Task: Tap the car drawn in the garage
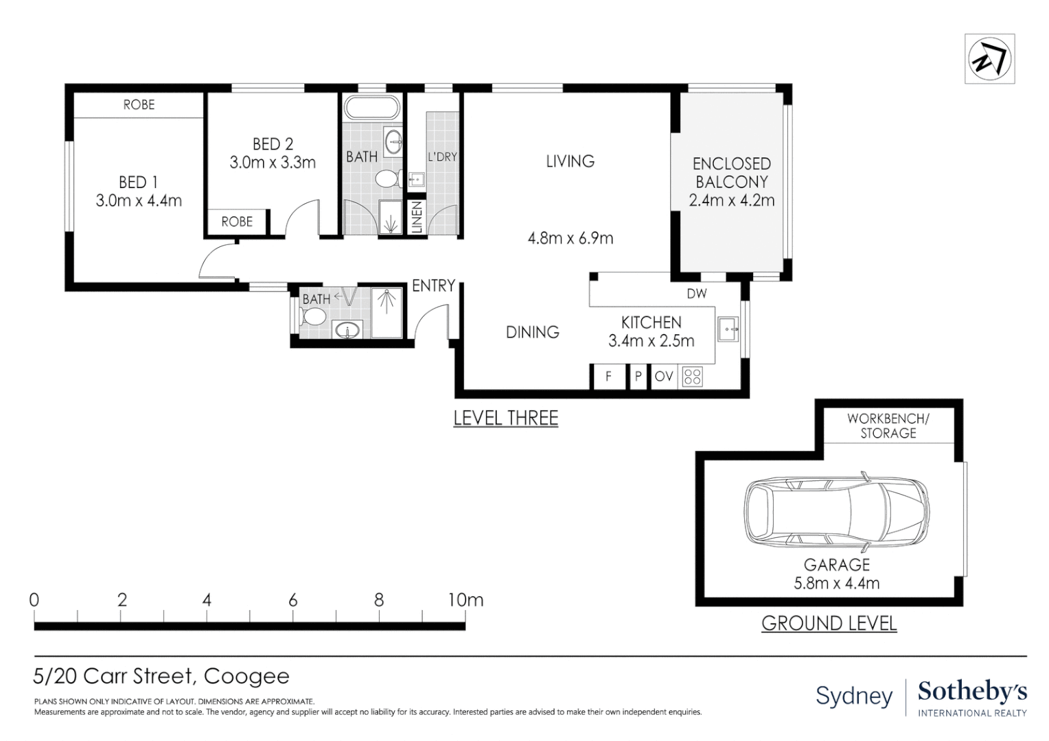(x=836, y=513)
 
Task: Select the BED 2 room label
(x=273, y=143)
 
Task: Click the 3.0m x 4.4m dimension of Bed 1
(x=139, y=201)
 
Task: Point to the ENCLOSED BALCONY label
(x=732, y=172)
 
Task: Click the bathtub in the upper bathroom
(x=372, y=107)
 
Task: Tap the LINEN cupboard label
(x=417, y=217)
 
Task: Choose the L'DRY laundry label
(x=442, y=157)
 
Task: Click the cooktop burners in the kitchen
(x=692, y=377)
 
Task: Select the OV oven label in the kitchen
(x=664, y=376)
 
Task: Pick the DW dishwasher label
(x=696, y=294)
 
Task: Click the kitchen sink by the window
(x=728, y=329)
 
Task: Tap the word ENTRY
(x=434, y=285)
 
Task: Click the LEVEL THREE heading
(x=506, y=418)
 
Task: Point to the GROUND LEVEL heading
(x=829, y=623)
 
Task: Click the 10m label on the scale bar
(x=465, y=600)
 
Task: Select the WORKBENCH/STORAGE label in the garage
(x=888, y=425)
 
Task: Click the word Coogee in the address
(x=246, y=677)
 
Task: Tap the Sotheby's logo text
(x=972, y=692)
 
